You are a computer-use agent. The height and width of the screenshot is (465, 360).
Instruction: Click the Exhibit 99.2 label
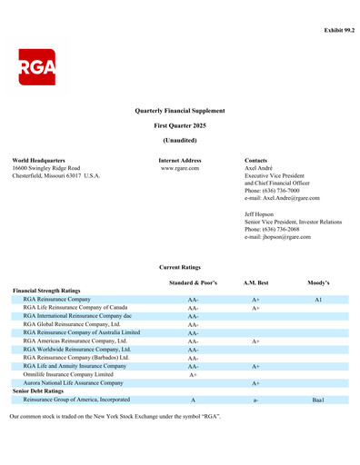tap(333, 31)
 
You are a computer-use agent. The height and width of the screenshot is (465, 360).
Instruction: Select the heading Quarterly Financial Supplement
tap(179, 109)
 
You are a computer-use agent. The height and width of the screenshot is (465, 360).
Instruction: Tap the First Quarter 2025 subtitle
tap(179, 124)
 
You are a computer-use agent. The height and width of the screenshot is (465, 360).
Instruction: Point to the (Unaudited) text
tap(179, 141)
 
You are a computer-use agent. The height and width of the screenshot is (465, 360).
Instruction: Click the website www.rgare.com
tap(179, 169)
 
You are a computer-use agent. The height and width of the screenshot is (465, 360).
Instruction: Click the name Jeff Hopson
tap(262, 213)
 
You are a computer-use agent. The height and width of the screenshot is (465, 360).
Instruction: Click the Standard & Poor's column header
tap(193, 283)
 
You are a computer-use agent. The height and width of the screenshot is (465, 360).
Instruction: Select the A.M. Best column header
tap(256, 283)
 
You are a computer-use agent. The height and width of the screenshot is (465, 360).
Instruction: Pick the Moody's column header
tap(318, 283)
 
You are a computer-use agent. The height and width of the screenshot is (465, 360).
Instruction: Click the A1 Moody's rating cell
tap(318, 299)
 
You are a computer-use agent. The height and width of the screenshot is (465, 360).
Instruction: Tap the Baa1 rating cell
tap(318, 400)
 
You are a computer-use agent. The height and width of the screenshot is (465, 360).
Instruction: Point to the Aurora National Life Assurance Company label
tap(73, 384)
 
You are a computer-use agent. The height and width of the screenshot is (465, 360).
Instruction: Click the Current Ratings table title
tap(179, 268)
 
